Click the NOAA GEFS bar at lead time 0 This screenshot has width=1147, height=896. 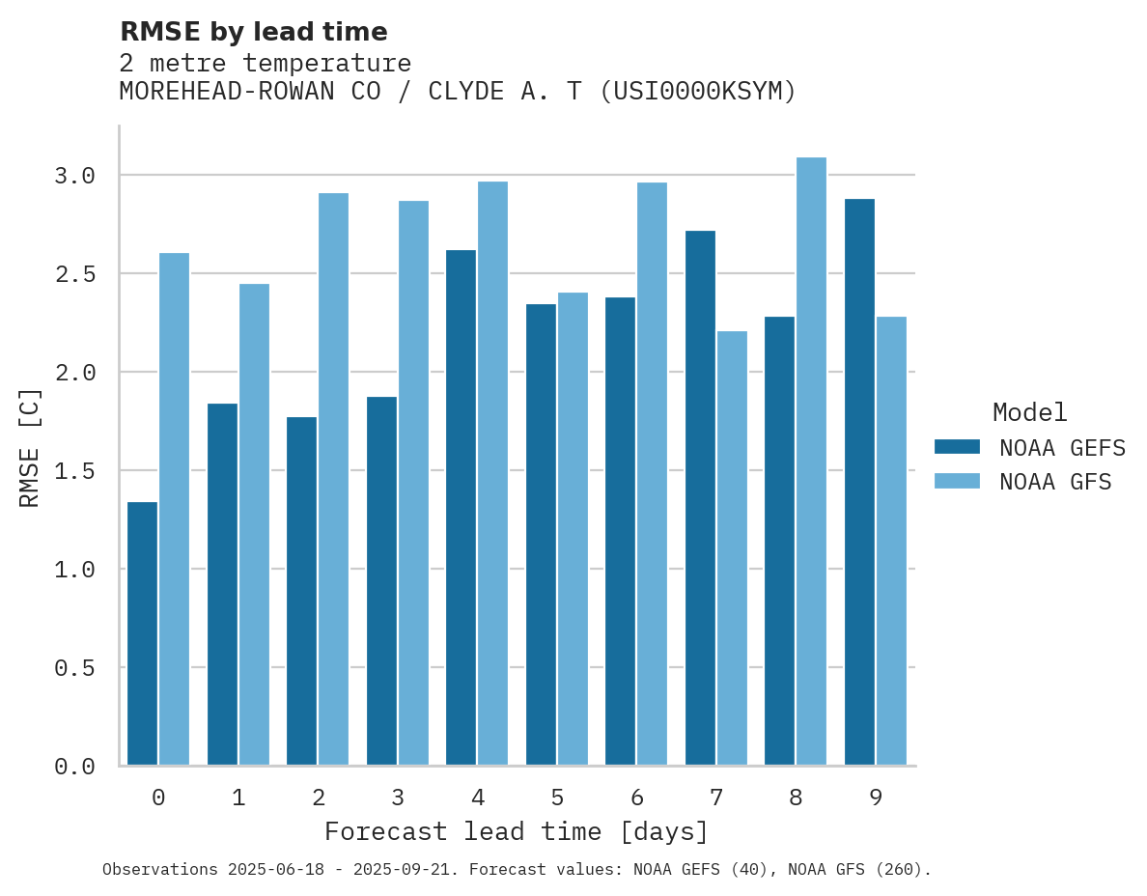pyautogui.click(x=142, y=633)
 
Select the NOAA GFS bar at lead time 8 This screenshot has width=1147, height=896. pyautogui.click(x=811, y=462)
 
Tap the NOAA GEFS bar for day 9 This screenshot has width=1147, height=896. pyautogui.click(x=859, y=482)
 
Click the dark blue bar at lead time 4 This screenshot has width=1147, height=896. pyautogui.click(x=461, y=508)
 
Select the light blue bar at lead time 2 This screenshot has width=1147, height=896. pyautogui.click(x=333, y=479)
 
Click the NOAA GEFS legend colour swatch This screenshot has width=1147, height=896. pyautogui.click(x=957, y=447)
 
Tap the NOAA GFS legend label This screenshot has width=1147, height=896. pyautogui.click(x=1055, y=482)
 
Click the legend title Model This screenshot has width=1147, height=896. pyautogui.click(x=1029, y=412)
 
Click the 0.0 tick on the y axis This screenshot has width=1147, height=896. pyautogui.click(x=74, y=767)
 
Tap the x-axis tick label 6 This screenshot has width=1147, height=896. pyautogui.click(x=636, y=798)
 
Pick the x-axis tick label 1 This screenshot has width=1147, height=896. pyautogui.click(x=238, y=798)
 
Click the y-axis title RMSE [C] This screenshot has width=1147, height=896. pyautogui.click(x=30, y=447)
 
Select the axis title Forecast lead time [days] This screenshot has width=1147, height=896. pyautogui.click(x=517, y=831)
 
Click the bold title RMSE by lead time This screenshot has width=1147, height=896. pyautogui.click(x=253, y=32)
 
